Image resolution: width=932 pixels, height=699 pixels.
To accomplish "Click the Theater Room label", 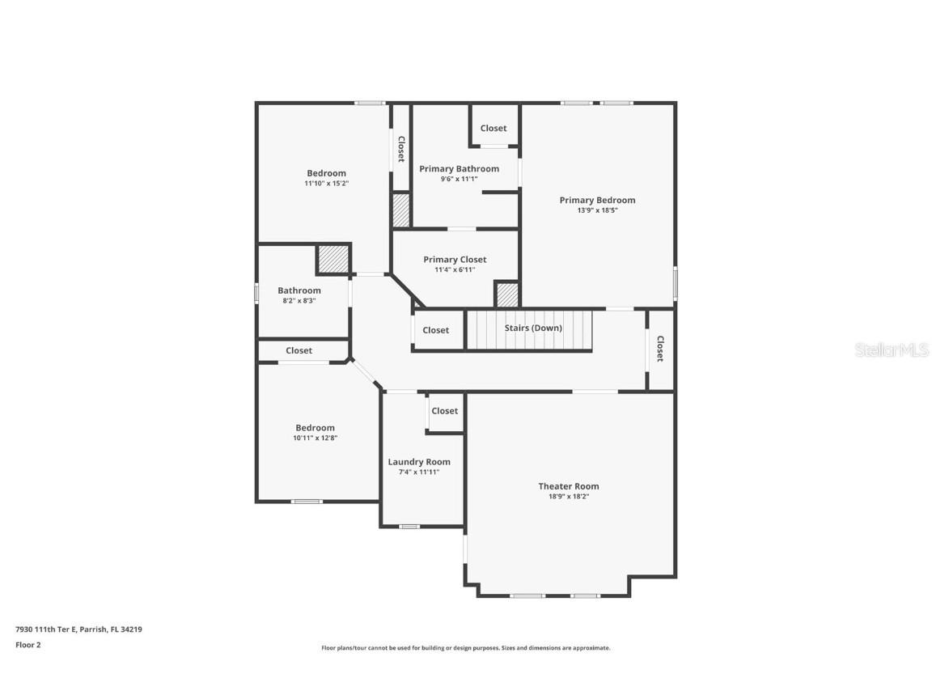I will (569, 486).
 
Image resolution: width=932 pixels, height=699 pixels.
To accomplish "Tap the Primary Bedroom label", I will (597, 200).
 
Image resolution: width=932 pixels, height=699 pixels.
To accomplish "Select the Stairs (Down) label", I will (533, 328).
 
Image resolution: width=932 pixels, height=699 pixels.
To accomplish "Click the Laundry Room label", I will (419, 462).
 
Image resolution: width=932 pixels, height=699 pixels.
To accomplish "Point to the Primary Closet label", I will (455, 260).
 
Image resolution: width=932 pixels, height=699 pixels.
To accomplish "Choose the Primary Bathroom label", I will (459, 169).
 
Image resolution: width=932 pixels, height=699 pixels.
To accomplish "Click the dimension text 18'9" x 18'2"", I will (569, 497).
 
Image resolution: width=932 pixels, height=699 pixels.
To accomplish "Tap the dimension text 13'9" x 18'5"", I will (597, 210).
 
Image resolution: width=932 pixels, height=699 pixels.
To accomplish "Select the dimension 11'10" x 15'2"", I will (326, 184).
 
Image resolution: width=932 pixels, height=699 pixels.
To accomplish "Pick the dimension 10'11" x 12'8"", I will (315, 438).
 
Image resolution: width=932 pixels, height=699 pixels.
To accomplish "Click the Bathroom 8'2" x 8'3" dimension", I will (299, 301).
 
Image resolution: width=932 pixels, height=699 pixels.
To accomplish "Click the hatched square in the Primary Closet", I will (507, 294).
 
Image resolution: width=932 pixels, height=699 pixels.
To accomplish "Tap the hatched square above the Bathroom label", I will (332, 259).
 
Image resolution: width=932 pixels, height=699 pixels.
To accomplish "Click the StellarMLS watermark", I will (892, 349).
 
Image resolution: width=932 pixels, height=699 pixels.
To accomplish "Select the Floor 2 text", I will (28, 645).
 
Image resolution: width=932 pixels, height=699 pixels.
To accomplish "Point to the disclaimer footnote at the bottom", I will (465, 648).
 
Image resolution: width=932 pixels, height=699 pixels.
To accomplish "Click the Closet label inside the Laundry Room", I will (444, 411).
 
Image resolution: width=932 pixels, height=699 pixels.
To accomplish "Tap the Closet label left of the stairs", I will (435, 330).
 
